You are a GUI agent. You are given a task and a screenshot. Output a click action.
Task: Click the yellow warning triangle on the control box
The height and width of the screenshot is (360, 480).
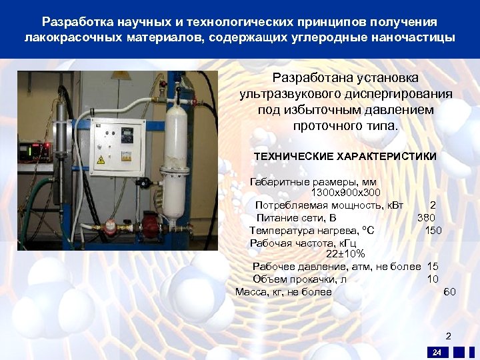(101, 160)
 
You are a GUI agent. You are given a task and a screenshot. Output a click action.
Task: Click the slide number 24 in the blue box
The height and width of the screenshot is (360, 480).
(437, 352)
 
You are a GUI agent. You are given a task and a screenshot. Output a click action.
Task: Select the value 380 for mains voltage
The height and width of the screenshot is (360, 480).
(426, 217)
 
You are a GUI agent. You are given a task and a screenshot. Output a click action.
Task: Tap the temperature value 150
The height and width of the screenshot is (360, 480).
(433, 230)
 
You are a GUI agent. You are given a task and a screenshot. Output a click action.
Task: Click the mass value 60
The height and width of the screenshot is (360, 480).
(449, 291)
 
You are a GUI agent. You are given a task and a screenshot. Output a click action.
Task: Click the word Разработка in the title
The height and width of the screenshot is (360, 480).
(72, 23)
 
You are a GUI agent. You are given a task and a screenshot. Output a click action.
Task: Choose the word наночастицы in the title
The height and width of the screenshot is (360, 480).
(418, 37)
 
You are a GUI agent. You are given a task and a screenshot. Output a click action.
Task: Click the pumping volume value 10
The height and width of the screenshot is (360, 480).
(433, 279)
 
